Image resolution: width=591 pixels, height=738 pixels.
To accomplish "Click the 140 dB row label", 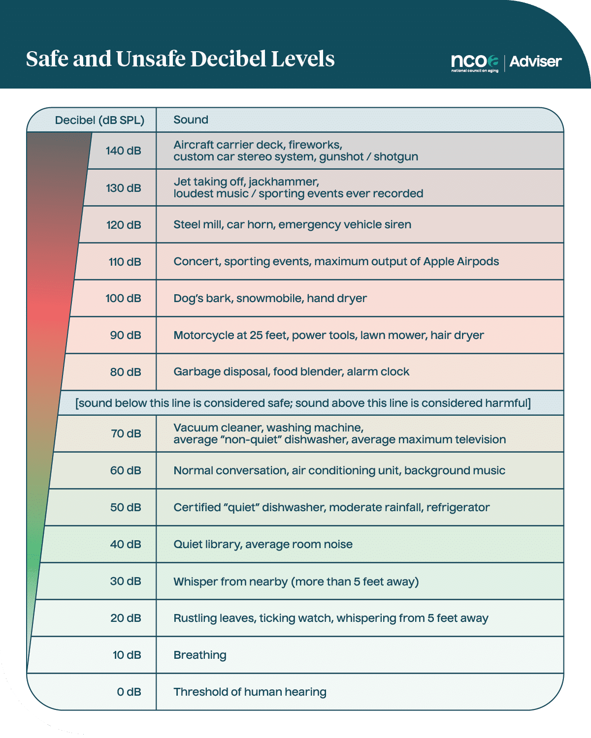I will [123, 151].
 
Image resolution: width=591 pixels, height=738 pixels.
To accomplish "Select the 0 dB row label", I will [129, 692].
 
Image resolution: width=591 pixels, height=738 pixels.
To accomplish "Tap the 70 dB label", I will [126, 433].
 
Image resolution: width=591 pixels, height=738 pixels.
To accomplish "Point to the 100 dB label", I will [123, 298].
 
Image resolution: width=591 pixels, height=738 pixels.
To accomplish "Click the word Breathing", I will [200, 655].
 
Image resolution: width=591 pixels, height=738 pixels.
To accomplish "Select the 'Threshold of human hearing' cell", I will [250, 692].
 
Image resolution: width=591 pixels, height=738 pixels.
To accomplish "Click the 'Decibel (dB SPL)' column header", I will [99, 120].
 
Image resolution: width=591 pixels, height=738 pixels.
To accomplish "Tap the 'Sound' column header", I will [191, 120].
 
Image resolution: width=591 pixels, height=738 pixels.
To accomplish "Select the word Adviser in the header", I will [535, 61].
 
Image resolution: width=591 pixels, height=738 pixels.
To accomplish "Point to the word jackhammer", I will [284, 182].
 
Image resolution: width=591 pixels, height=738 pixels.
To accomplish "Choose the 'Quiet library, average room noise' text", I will [263, 544].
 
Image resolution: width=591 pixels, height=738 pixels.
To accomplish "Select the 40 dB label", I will [126, 544].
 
